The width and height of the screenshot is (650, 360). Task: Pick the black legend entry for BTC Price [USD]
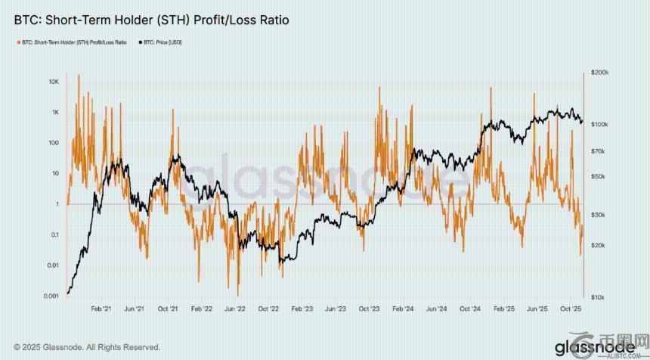point(159,42)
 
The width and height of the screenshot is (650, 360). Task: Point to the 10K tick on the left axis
point(53,81)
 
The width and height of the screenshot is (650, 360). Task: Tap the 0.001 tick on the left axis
point(51,296)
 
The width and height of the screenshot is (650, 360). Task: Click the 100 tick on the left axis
point(53,142)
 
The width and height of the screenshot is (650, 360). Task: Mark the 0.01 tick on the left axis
point(52,265)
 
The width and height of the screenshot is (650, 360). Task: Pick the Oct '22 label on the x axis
point(268,309)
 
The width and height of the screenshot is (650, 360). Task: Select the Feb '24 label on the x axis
point(403,309)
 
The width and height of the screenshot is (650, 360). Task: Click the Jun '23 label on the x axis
point(335,309)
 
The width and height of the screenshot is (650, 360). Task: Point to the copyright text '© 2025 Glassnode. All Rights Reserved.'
point(87,347)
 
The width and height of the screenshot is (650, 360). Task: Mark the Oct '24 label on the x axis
point(470,309)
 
